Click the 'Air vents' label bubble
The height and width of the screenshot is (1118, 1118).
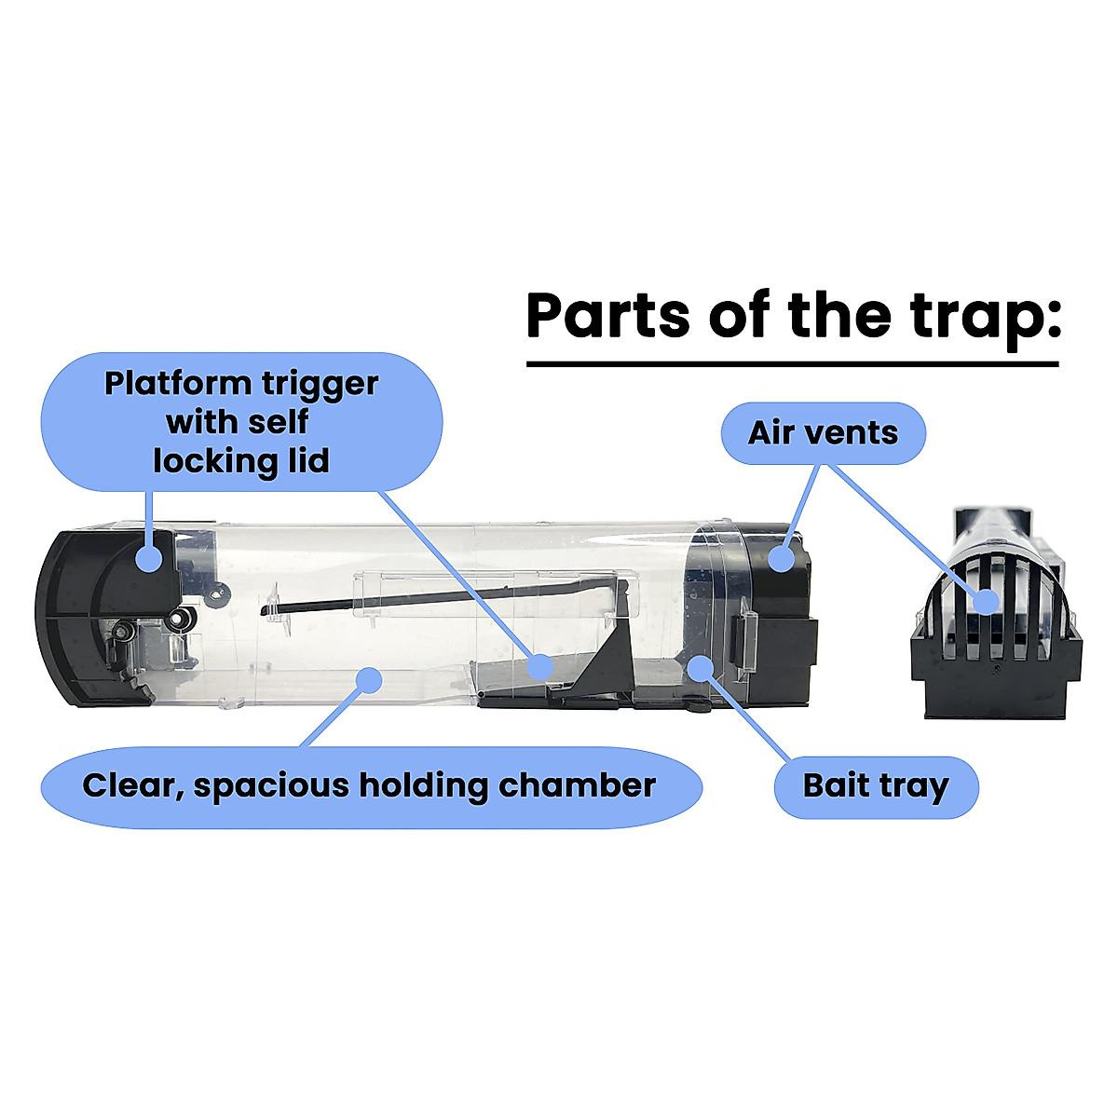coord(824,433)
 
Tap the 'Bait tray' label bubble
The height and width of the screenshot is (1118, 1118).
coord(876,787)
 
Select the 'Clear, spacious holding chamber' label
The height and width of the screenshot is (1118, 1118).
coord(370,786)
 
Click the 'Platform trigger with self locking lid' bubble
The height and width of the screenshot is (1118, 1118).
coord(241,422)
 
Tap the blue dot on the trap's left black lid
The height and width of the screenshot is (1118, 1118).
coord(149,558)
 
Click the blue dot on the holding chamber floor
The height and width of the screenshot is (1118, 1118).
coord(370,678)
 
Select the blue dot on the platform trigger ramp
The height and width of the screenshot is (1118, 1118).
coord(539,666)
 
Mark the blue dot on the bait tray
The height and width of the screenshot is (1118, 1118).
coord(700,666)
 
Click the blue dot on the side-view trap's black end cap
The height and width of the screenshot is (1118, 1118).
coord(782,558)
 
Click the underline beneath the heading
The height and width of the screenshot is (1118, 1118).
coord(792,363)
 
